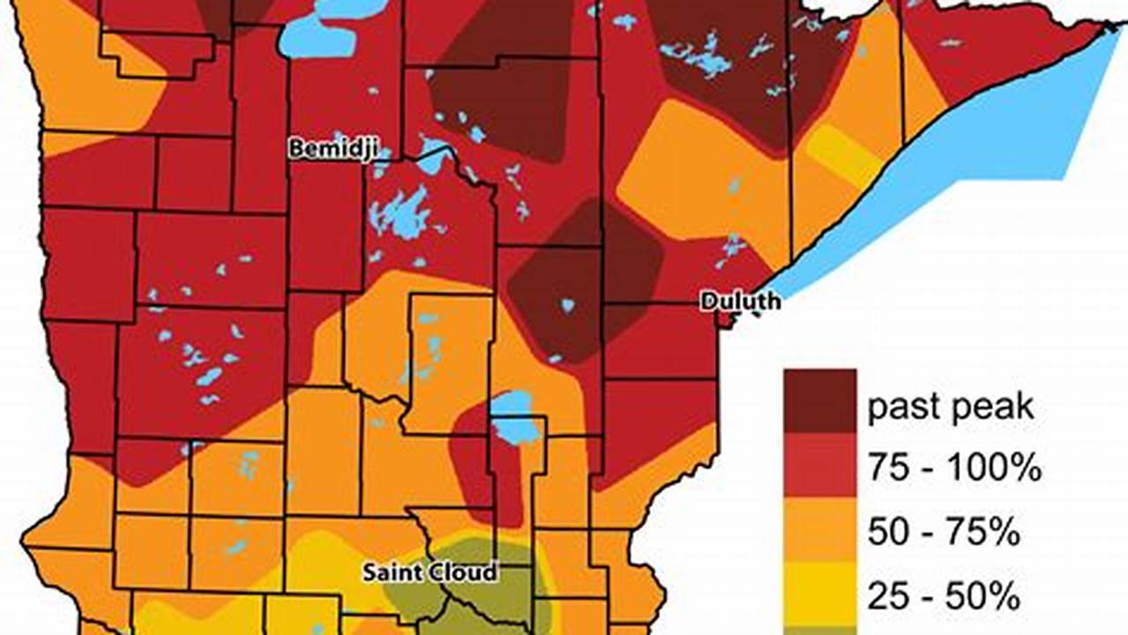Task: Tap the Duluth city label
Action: (740, 302)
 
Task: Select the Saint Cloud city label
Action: (430, 571)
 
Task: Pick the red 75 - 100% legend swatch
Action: (819, 465)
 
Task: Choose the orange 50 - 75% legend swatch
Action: (819, 531)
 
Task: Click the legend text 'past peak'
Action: (950, 407)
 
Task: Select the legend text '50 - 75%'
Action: (945, 533)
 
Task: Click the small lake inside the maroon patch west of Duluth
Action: (567, 305)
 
